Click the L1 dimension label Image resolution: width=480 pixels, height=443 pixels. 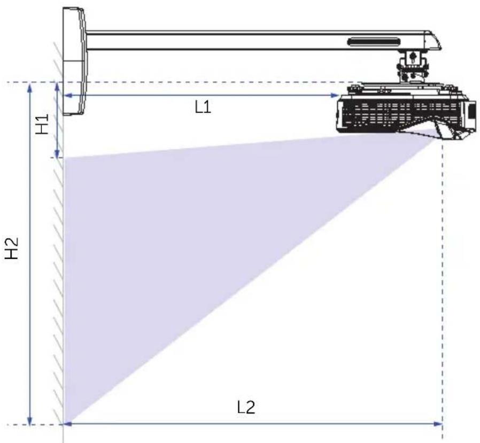click(203, 107)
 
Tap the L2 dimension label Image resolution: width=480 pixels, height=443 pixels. click(246, 407)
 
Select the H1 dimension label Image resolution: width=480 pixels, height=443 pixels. click(42, 124)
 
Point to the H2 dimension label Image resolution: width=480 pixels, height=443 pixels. click(12, 248)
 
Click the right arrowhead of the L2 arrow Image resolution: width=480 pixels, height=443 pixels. click(438, 424)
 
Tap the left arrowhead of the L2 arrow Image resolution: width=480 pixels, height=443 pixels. click(68, 424)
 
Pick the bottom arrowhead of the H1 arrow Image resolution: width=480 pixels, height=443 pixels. click(57, 153)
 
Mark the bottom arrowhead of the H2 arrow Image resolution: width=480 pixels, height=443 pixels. click(30, 421)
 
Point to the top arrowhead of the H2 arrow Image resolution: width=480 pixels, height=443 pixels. click(30, 87)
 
